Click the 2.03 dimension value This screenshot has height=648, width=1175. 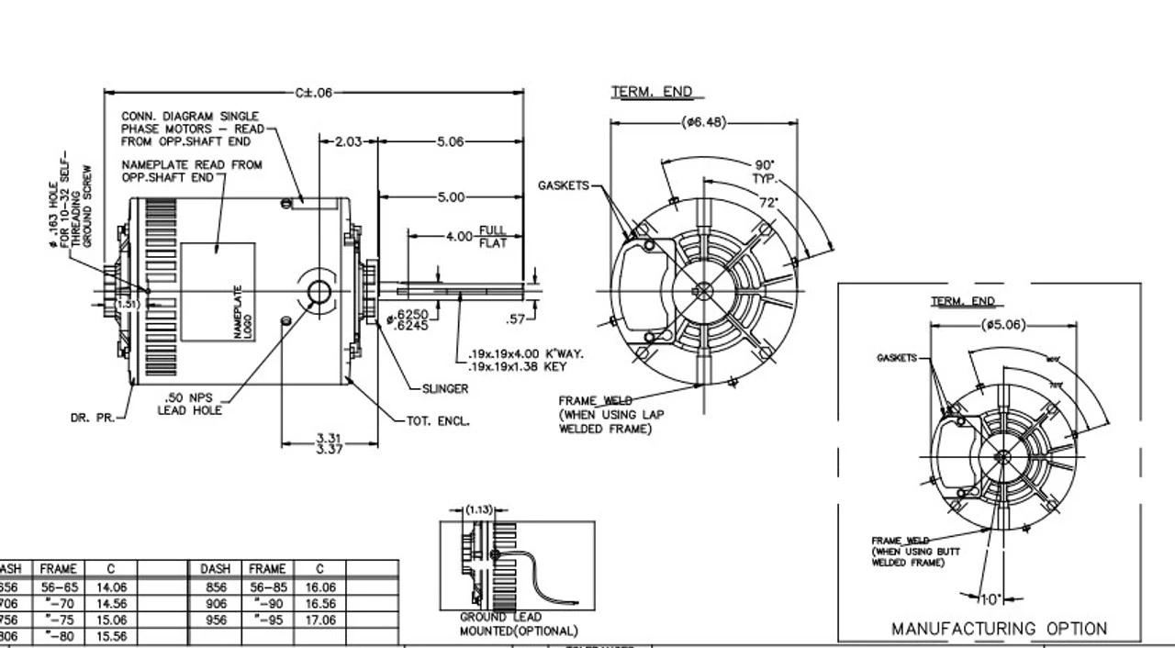(349, 141)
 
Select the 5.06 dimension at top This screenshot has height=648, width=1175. (450, 141)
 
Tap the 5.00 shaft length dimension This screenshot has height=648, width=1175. (451, 196)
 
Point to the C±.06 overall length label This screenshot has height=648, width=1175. (313, 93)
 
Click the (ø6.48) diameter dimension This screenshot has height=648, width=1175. (704, 122)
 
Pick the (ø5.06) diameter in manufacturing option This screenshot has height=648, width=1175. (1003, 325)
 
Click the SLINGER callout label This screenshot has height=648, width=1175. (445, 388)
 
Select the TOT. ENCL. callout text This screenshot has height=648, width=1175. (438, 421)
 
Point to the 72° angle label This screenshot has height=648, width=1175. (767, 201)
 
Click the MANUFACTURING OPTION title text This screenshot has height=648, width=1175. (999, 629)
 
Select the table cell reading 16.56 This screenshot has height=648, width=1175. (319, 604)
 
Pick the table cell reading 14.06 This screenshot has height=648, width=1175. (110, 587)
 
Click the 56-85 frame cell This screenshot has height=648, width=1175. (267, 587)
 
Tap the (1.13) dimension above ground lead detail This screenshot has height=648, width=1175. (479, 508)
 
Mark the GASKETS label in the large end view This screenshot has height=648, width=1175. (563, 185)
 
